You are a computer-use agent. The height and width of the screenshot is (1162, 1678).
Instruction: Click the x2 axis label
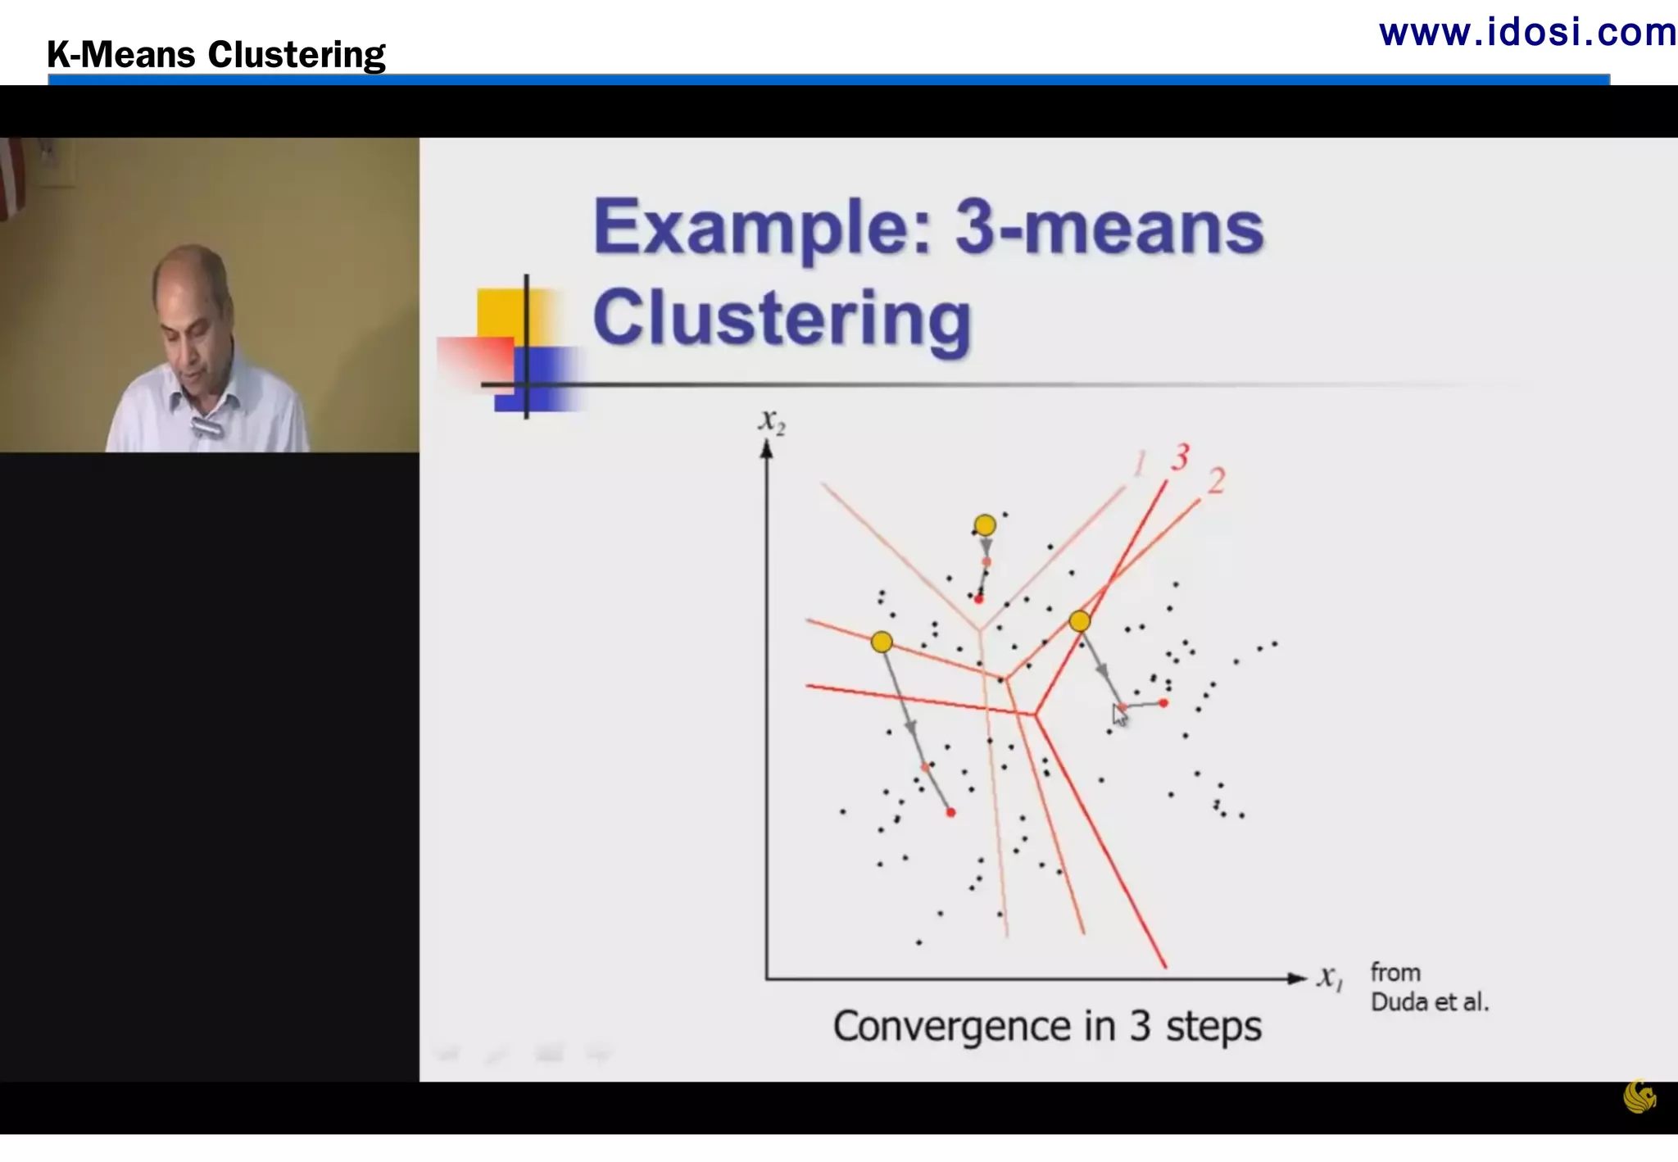pyautogui.click(x=771, y=421)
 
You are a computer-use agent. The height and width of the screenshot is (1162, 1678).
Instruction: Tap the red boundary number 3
pyautogui.click(x=1180, y=457)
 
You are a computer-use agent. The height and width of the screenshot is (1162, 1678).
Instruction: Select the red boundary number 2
pyautogui.click(x=1217, y=481)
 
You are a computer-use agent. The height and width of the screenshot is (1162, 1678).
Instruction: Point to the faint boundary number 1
pyautogui.click(x=1140, y=464)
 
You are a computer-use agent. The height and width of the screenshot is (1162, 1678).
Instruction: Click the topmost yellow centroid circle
pyautogui.click(x=985, y=524)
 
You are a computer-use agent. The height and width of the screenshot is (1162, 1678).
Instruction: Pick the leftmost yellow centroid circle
pyautogui.click(x=882, y=642)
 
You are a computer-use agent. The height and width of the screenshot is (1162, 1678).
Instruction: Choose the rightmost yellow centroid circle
pyautogui.click(x=1080, y=621)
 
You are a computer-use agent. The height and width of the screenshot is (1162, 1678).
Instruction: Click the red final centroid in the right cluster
pyautogui.click(x=1163, y=703)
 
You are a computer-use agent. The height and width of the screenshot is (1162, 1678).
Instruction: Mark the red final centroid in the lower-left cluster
pyautogui.click(x=950, y=812)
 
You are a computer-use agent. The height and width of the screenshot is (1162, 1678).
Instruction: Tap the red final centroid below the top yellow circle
pyautogui.click(x=978, y=600)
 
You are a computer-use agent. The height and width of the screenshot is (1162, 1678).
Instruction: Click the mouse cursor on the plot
pyautogui.click(x=1118, y=715)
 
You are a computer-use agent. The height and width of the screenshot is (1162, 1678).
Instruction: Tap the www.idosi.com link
pyautogui.click(x=1527, y=33)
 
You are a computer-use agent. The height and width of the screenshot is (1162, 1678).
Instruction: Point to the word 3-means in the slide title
pyautogui.click(x=1109, y=228)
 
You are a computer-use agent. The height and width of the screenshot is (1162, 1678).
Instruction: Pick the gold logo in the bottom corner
pyautogui.click(x=1639, y=1096)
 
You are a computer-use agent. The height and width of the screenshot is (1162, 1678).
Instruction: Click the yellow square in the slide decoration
pyautogui.click(x=499, y=312)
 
